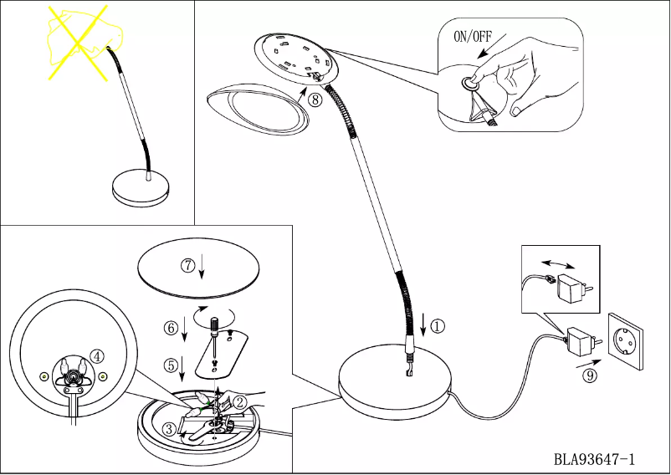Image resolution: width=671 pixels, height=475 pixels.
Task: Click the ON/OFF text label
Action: pyautogui.click(x=474, y=36)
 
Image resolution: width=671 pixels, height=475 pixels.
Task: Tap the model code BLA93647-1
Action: pyautogui.click(x=594, y=459)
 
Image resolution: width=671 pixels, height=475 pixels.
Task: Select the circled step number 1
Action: pyautogui.click(x=438, y=327)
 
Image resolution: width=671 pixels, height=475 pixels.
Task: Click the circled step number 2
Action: pyautogui.click(x=239, y=401)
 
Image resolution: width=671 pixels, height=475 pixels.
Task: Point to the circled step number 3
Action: pyautogui.click(x=170, y=430)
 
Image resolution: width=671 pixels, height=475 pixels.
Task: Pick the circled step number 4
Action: pyautogui.click(x=99, y=355)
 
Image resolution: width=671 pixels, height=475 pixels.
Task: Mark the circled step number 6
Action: pyautogui.click(x=171, y=329)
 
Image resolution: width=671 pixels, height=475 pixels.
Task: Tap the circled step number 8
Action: pyautogui.click(x=315, y=99)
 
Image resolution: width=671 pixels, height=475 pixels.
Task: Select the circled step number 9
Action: pyautogui.click(x=590, y=376)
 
